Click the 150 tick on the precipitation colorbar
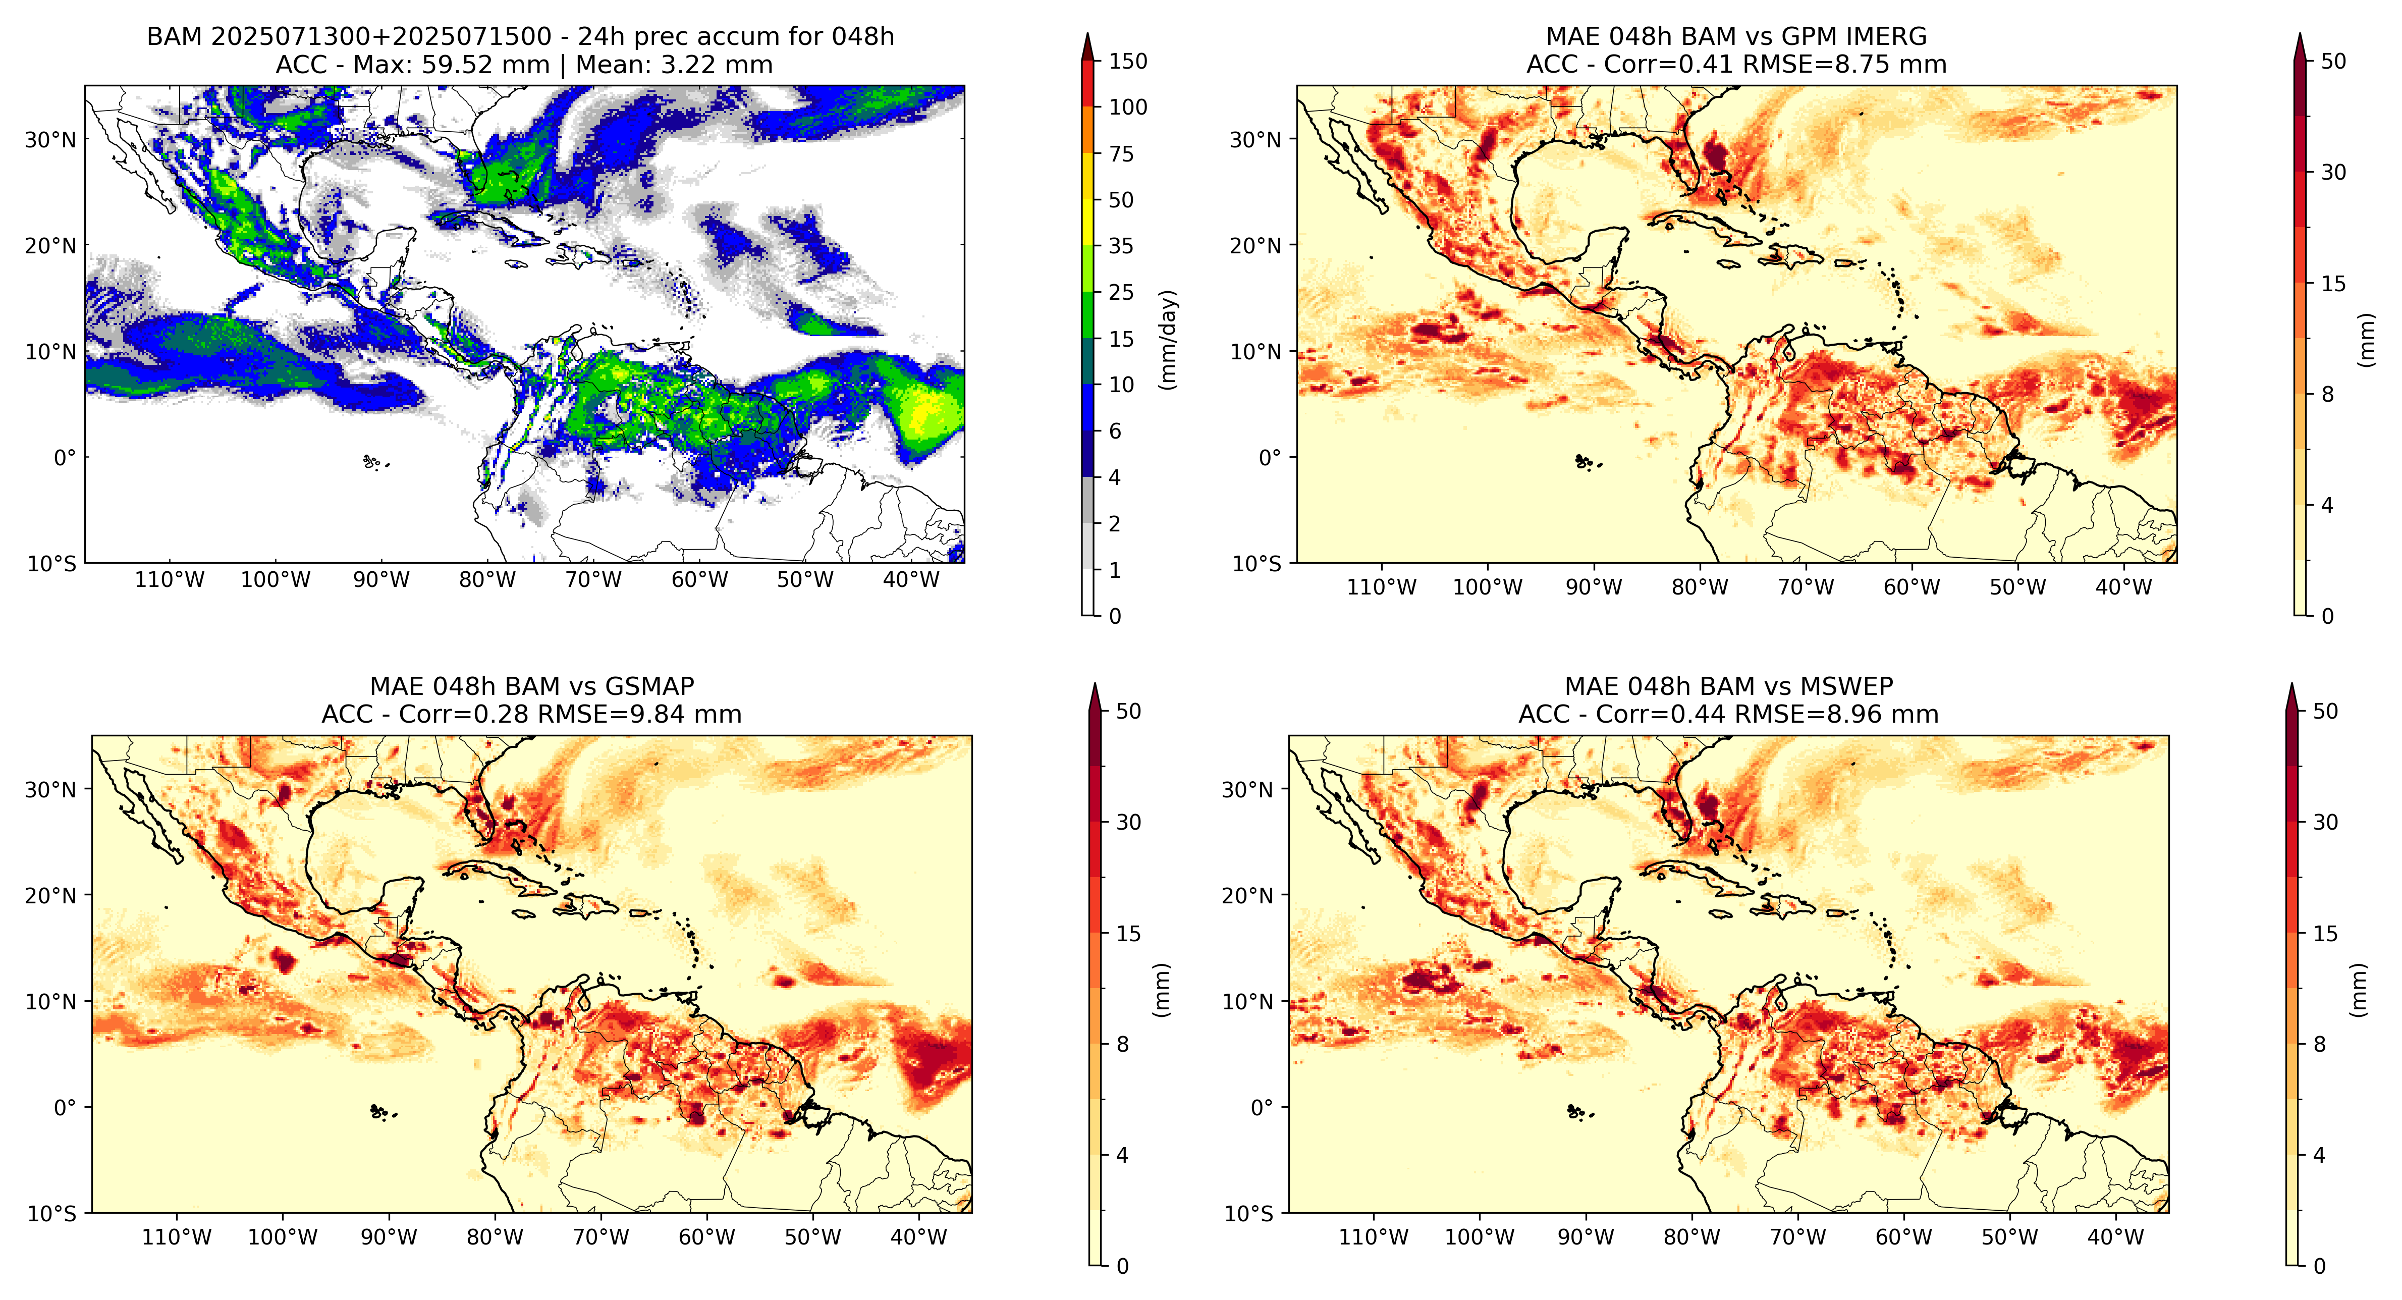click(x=1127, y=62)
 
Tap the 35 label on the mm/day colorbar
click(x=1121, y=246)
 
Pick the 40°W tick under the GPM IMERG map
click(x=2123, y=587)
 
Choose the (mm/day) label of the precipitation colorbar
click(x=1167, y=340)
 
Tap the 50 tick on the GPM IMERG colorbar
click(x=2333, y=62)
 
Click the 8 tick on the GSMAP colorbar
click(x=1123, y=1045)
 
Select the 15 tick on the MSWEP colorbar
click(x=2325, y=934)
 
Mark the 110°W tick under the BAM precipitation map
click(x=169, y=580)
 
